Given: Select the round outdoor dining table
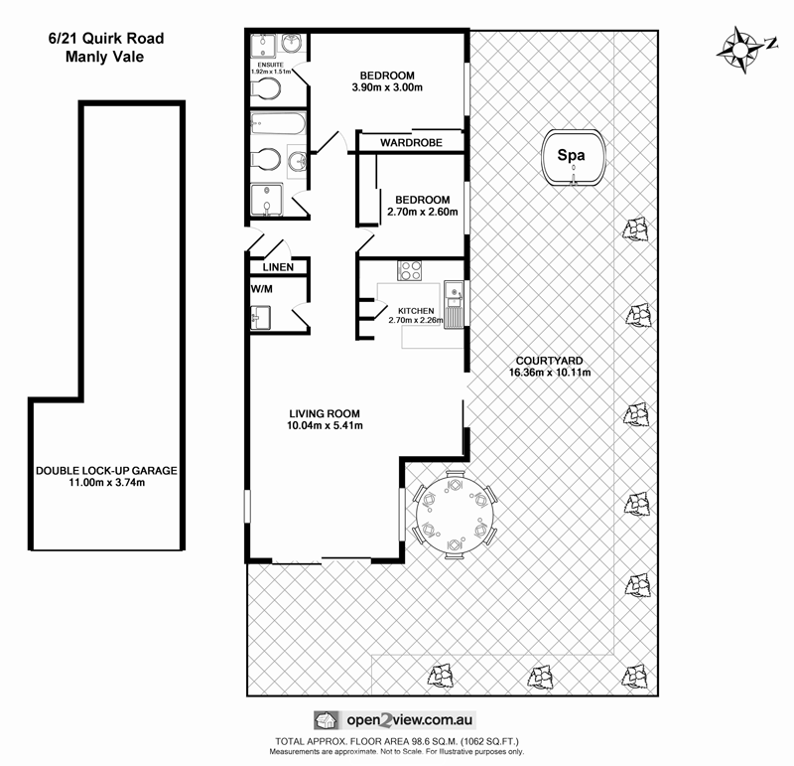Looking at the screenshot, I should pyautogui.click(x=456, y=515).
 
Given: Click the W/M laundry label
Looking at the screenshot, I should pyautogui.click(x=263, y=290).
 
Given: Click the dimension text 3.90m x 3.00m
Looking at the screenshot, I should pyautogui.click(x=387, y=89).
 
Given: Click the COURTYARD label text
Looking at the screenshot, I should pyautogui.click(x=549, y=361).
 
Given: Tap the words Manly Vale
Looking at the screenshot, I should pyautogui.click(x=104, y=58).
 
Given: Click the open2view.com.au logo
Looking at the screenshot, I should pyautogui.click(x=397, y=720).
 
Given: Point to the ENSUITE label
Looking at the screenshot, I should pyautogui.click(x=269, y=63).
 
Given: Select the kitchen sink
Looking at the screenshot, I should pyautogui.click(x=455, y=293).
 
